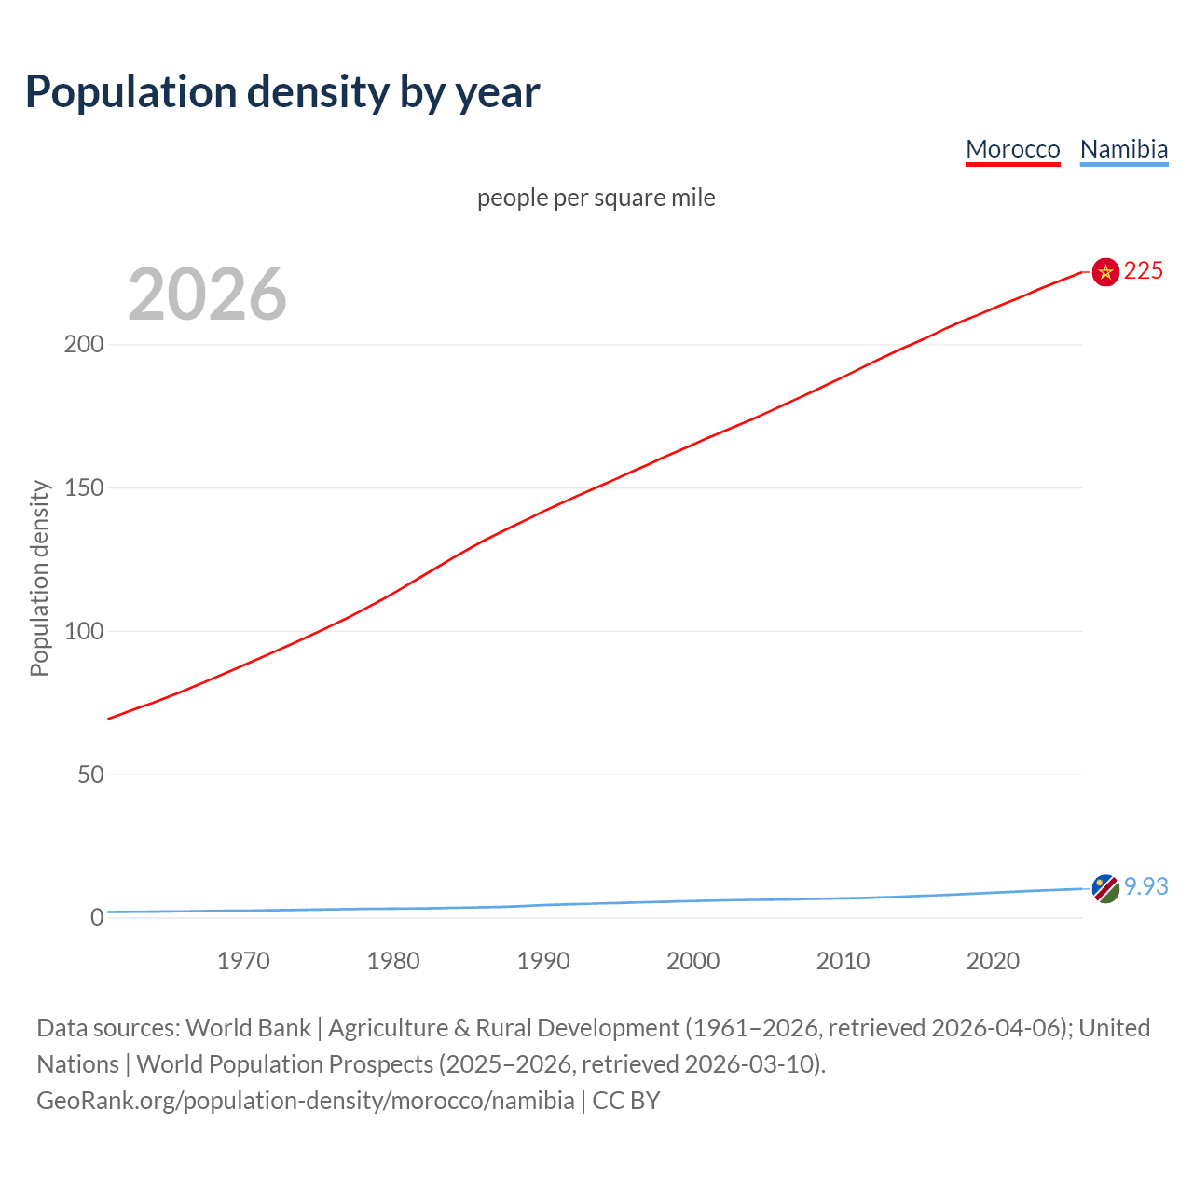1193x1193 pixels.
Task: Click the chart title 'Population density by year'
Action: coord(282,91)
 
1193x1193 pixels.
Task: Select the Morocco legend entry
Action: coord(1012,149)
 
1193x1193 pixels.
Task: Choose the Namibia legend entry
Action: coord(1123,149)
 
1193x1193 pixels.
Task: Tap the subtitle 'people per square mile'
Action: coord(596,198)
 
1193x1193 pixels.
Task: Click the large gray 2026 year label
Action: coord(207,295)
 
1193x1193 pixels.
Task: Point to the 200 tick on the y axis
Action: coord(83,344)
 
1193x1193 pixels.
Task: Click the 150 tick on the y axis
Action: coord(83,487)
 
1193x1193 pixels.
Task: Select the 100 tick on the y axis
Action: coord(83,631)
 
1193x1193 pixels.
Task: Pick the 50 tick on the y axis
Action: coord(89,775)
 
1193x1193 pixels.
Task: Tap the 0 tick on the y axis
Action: coord(97,917)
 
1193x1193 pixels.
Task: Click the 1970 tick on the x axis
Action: coord(243,961)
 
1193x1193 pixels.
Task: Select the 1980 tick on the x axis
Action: coord(393,961)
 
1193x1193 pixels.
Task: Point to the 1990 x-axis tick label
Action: coord(543,961)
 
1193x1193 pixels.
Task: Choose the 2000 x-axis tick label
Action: coord(692,961)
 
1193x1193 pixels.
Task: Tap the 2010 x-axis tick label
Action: coord(843,961)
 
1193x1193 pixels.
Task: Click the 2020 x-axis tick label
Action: coord(993,961)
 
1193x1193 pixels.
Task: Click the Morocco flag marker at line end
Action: coord(1105,272)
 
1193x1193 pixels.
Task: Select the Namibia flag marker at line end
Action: coord(1105,888)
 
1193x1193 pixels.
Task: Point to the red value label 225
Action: coord(1144,270)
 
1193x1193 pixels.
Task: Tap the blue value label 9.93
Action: coord(1145,886)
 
